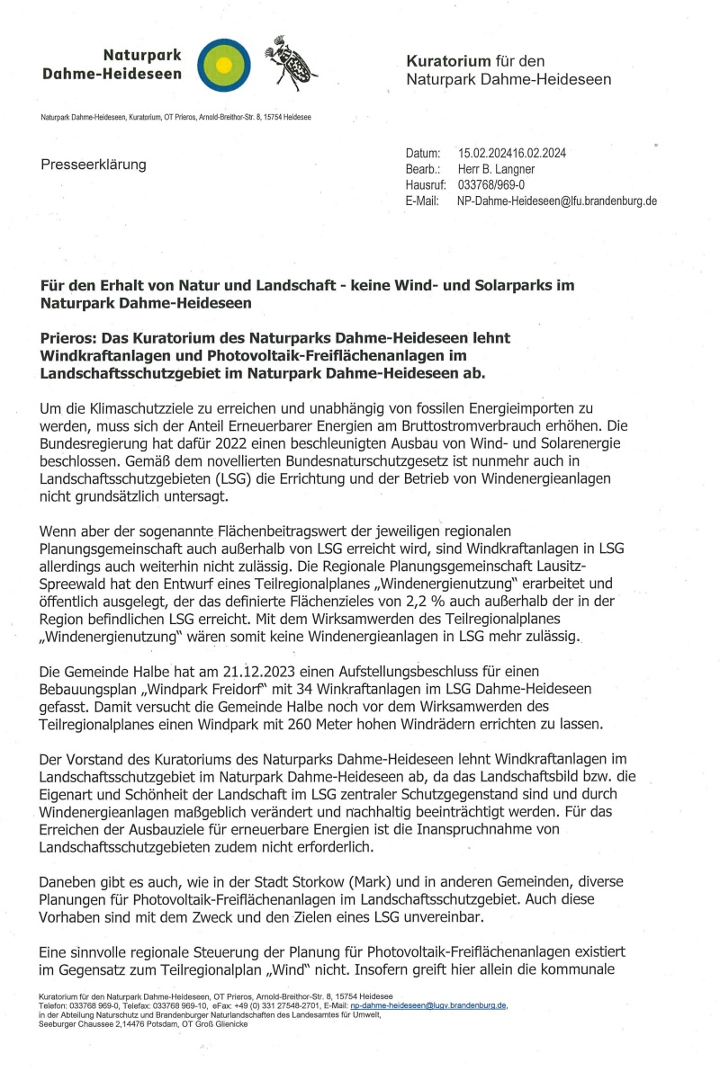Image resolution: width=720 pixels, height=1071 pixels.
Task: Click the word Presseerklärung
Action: point(93,165)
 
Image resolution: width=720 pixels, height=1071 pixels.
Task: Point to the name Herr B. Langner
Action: point(497,169)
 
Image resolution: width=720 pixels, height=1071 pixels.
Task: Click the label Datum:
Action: point(423,153)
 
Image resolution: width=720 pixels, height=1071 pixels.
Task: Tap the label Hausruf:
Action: point(427,185)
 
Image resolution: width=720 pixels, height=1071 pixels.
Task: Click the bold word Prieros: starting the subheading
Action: point(70,337)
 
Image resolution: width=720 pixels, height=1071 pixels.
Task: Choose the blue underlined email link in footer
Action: point(430,1005)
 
